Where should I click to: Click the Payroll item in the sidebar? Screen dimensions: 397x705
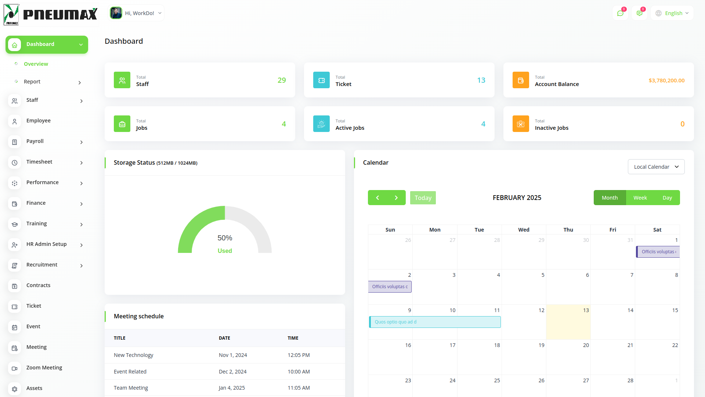point(35,142)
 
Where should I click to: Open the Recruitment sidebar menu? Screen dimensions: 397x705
point(42,265)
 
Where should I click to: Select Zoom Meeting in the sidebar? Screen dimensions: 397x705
point(44,368)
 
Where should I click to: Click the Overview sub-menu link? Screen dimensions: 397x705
point(36,64)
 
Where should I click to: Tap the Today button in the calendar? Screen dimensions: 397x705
point(423,198)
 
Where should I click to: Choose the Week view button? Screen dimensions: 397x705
point(640,198)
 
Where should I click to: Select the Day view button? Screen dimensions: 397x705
point(667,198)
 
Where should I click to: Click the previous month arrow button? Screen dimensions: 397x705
point(377,198)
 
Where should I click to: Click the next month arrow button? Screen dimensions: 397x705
point(396,198)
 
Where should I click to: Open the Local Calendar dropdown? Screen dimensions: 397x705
point(656,167)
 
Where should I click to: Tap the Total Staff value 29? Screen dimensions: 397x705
point(282,80)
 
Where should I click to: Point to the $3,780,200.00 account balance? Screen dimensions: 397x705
point(666,81)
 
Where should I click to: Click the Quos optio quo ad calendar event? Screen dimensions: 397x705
point(434,322)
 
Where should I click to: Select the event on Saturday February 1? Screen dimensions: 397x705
point(658,252)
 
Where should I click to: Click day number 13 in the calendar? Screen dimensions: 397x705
point(586,311)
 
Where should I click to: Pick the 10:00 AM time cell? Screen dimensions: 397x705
point(299,372)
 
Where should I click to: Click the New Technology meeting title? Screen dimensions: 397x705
point(133,355)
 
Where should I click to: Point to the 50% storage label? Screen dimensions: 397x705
point(225,238)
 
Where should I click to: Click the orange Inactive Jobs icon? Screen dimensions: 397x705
point(521,124)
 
